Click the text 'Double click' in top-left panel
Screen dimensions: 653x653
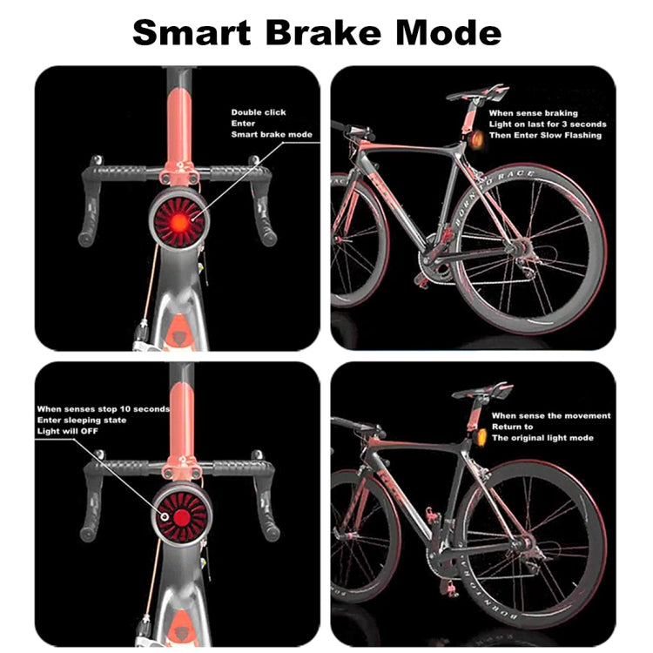[258, 112]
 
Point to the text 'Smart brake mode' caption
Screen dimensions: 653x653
[271, 135]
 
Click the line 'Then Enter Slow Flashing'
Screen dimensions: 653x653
[544, 135]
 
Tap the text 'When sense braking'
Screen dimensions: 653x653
[533, 113]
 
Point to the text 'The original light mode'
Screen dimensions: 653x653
[542, 438]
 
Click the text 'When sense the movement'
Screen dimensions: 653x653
[551, 415]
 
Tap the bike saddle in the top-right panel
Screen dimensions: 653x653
[475, 92]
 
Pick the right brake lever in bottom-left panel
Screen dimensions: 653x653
[266, 514]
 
